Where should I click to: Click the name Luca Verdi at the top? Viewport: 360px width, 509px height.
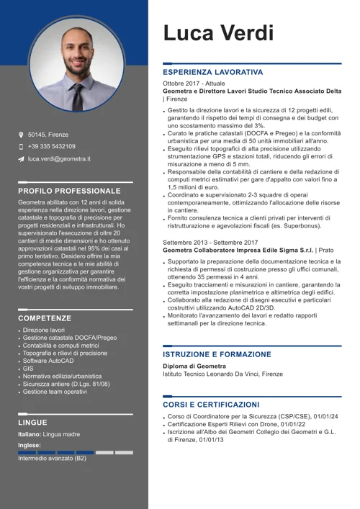(218, 32)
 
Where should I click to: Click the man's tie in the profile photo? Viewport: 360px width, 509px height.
(76, 94)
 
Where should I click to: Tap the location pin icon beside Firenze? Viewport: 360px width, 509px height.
(21, 135)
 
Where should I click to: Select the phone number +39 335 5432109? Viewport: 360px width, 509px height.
(55, 146)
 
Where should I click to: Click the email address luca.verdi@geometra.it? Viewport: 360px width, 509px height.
(59, 158)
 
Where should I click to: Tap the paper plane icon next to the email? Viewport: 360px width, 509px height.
(21, 158)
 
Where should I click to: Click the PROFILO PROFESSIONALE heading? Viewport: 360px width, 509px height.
(69, 191)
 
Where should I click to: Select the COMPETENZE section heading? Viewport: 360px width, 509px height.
(45, 317)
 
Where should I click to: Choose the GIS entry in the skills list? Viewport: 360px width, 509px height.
(28, 368)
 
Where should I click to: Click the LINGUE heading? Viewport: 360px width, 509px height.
(32, 423)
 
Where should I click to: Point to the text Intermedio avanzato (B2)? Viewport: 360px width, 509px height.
(52, 458)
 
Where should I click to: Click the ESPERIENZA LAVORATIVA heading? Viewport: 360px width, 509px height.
(212, 73)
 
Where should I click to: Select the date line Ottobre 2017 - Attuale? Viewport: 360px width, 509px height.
(194, 84)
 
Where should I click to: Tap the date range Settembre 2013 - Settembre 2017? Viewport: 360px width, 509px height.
(210, 242)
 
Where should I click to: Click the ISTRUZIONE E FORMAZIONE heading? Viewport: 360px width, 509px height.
(217, 355)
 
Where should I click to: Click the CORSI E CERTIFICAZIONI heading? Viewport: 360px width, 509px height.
(211, 405)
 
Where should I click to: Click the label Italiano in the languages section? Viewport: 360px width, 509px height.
(30, 435)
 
